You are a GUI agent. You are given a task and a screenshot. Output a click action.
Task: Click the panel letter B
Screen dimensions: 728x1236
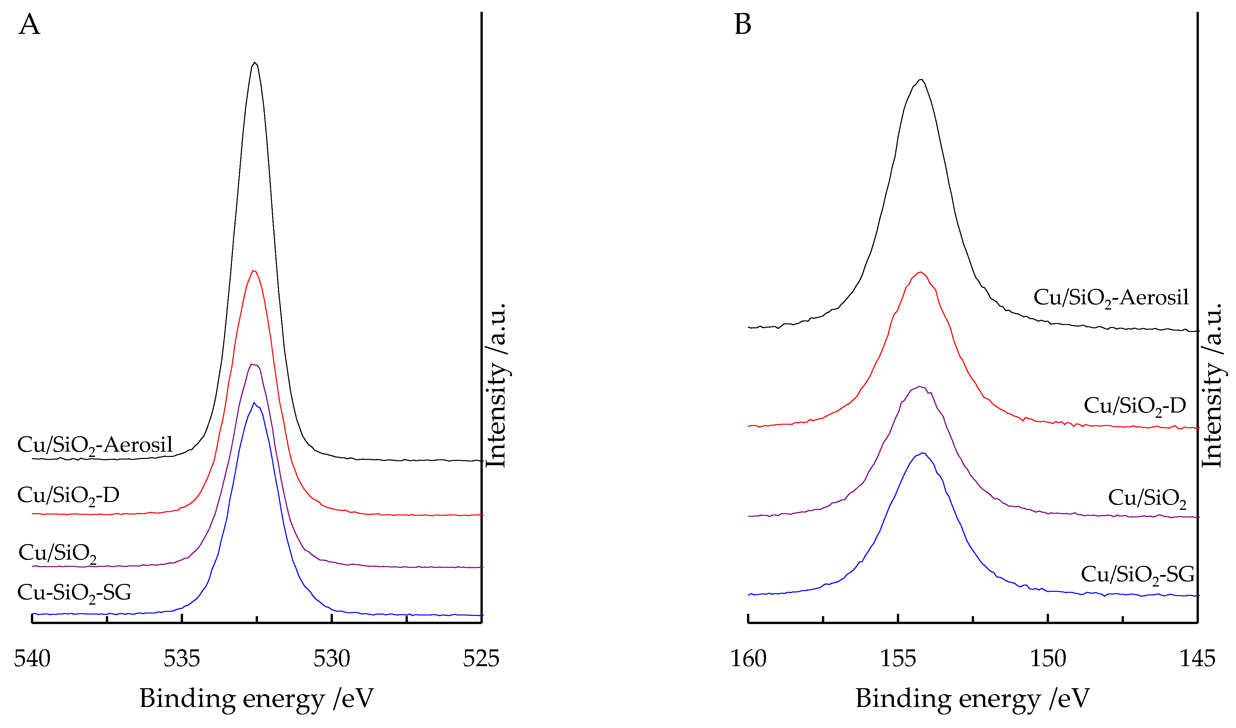(x=743, y=25)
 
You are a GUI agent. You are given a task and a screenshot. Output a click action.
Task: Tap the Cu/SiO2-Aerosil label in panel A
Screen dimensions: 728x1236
(x=95, y=445)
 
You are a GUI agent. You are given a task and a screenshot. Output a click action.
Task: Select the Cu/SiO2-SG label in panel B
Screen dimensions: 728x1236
(x=1137, y=575)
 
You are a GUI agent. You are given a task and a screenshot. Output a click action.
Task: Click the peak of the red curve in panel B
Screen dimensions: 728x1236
(x=921, y=272)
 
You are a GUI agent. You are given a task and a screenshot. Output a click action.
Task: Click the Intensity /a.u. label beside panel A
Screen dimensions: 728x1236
(x=496, y=385)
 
